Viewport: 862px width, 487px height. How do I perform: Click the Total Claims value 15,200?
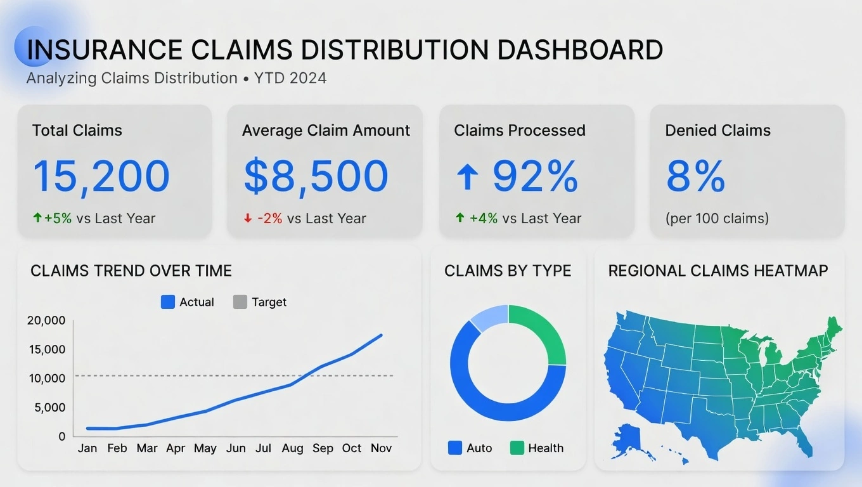[101, 176]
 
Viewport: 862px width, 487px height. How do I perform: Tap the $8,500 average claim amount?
[316, 176]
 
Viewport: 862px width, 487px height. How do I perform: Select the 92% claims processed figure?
[535, 176]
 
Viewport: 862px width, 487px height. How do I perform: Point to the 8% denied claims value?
[695, 176]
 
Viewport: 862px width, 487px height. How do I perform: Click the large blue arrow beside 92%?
[467, 176]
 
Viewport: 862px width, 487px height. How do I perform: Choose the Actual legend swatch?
[168, 302]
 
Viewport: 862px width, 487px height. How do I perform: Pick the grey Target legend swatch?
[240, 302]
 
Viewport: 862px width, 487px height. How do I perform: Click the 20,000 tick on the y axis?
[46, 321]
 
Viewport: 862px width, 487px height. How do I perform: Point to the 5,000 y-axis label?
[49, 408]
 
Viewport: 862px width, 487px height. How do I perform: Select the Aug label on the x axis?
[292, 448]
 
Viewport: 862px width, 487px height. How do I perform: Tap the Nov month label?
[381, 448]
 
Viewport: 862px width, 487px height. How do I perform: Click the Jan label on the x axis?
[87, 448]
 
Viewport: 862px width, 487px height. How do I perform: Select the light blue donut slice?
[491, 317]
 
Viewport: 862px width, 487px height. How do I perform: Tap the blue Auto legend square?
[455, 448]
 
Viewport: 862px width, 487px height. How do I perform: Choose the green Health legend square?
[517, 448]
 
